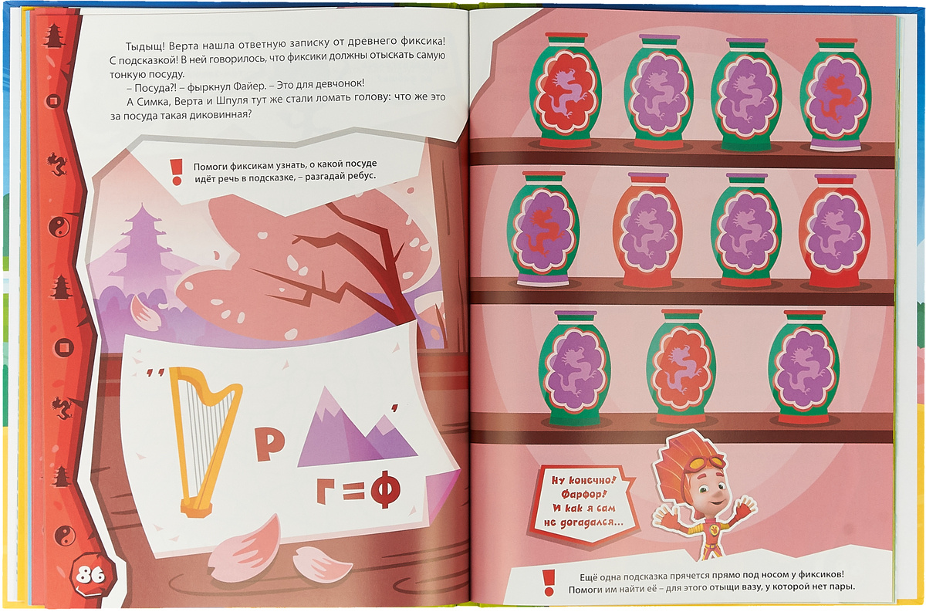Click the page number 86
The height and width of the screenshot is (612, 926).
coord(90,576)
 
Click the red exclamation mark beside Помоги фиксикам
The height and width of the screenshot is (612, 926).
coord(177,172)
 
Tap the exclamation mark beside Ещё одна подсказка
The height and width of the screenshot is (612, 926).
coord(549,583)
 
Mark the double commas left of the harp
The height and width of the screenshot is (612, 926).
coord(156,373)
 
